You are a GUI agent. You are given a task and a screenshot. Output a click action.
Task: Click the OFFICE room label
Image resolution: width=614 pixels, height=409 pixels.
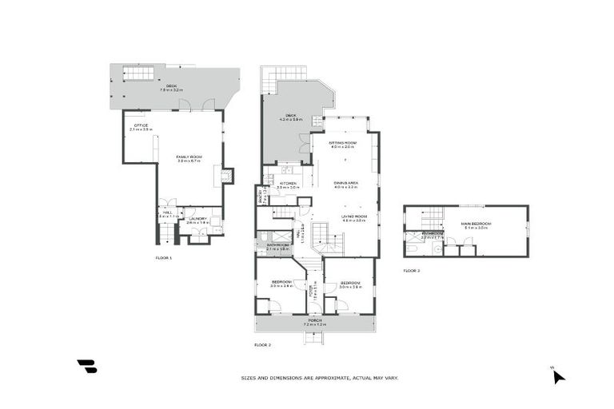pyautogui.click(x=141, y=127)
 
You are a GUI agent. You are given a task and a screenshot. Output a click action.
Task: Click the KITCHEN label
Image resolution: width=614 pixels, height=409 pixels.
pyautogui.click(x=288, y=185)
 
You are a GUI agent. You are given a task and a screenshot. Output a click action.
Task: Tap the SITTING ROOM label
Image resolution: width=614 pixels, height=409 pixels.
pyautogui.click(x=342, y=144)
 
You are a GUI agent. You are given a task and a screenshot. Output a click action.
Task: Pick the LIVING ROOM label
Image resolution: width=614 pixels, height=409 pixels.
pyautogui.click(x=353, y=217)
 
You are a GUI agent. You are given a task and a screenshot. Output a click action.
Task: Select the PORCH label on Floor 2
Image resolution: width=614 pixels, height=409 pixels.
pyautogui.click(x=315, y=321)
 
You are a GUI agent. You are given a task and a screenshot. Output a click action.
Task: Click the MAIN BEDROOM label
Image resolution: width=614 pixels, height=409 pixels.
pyautogui.click(x=476, y=224)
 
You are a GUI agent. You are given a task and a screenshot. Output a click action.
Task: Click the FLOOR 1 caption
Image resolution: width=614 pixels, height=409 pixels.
pyautogui.click(x=164, y=258)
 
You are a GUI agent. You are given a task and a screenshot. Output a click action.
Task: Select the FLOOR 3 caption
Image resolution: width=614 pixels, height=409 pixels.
pyautogui.click(x=411, y=271)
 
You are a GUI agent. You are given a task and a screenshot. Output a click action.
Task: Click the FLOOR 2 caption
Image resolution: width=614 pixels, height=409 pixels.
pyautogui.click(x=263, y=344)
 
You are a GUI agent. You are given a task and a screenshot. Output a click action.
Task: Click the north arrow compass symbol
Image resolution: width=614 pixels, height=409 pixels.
pyautogui.click(x=558, y=376)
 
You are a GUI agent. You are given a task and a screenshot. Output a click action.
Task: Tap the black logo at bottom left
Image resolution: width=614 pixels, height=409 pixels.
pyautogui.click(x=87, y=367)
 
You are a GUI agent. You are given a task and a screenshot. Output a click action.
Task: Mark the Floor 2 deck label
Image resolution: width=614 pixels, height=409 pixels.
pyautogui.click(x=288, y=117)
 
